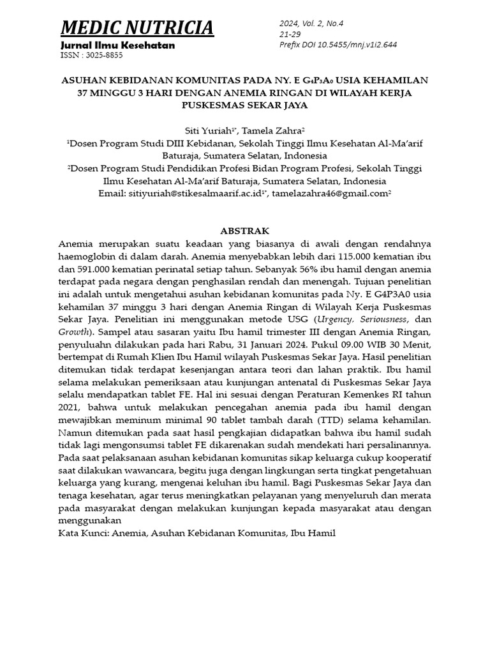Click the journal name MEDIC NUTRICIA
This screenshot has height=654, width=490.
pos(137,28)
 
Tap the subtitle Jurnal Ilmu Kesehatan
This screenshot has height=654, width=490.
pos(117,46)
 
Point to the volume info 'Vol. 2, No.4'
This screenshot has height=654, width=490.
pos(330,24)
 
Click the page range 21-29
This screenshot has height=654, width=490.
pos(289,34)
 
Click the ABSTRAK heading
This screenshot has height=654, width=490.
pos(245,231)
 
